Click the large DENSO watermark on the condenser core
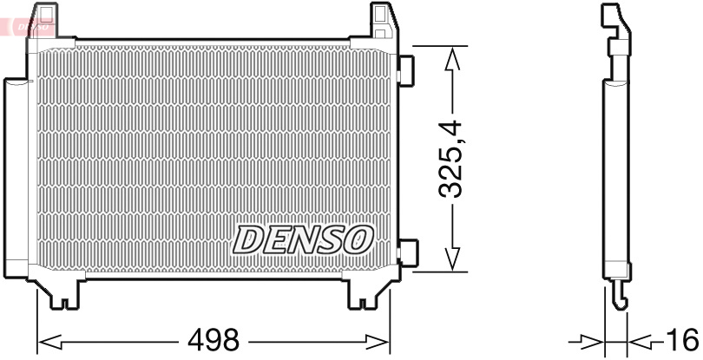304,239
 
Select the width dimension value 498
214,340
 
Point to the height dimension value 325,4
454,160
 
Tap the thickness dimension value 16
683,340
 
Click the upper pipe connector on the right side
405,69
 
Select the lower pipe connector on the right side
405,252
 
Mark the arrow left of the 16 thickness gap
592,340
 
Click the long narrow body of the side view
615,173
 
